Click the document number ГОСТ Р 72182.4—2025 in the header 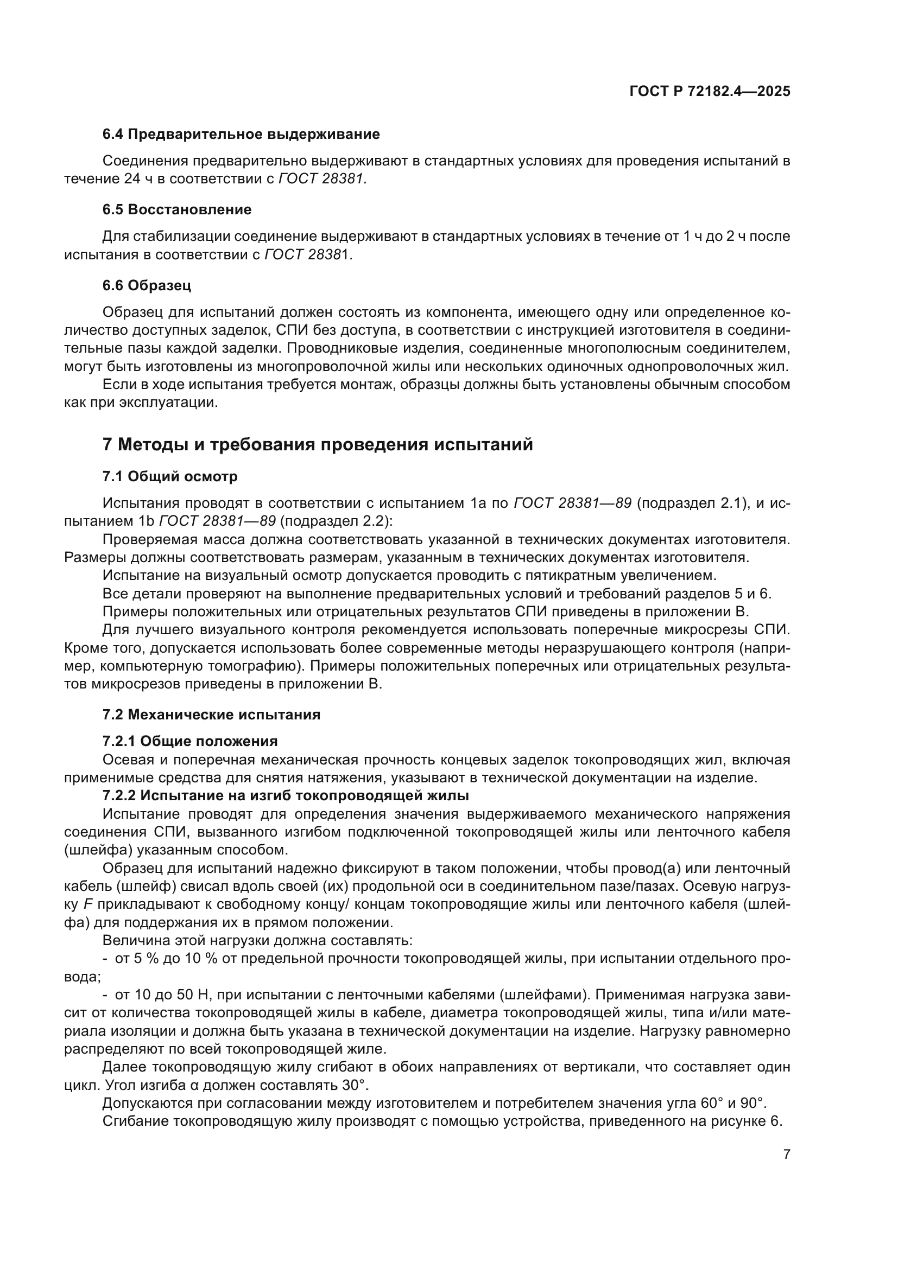click(x=710, y=91)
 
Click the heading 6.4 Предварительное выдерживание click(x=241, y=135)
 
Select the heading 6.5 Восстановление click(x=176, y=209)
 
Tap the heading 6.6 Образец click(x=147, y=285)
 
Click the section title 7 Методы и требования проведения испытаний click(x=318, y=444)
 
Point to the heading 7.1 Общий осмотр click(x=170, y=476)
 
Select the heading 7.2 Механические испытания click(x=211, y=715)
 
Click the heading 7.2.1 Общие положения click(x=189, y=741)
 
